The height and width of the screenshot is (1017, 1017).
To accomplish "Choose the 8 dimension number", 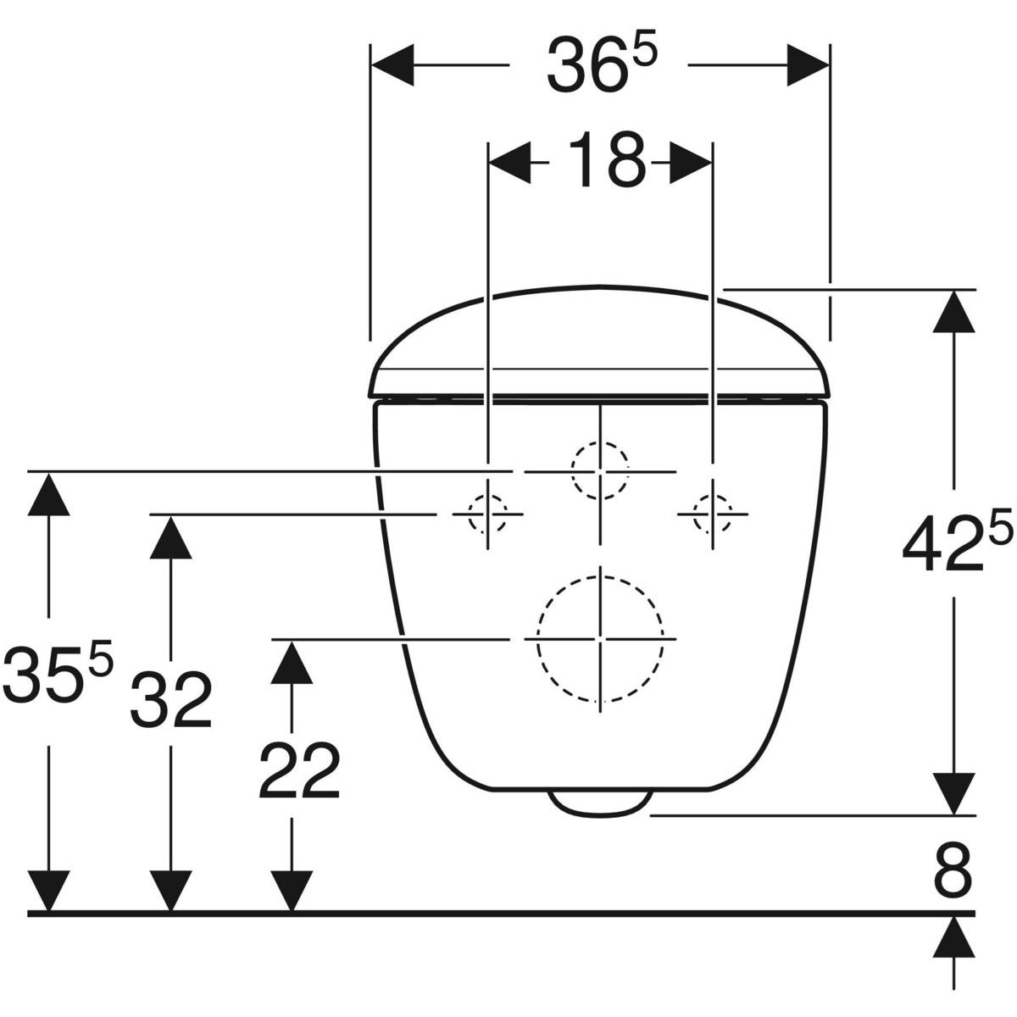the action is tap(953, 875).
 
